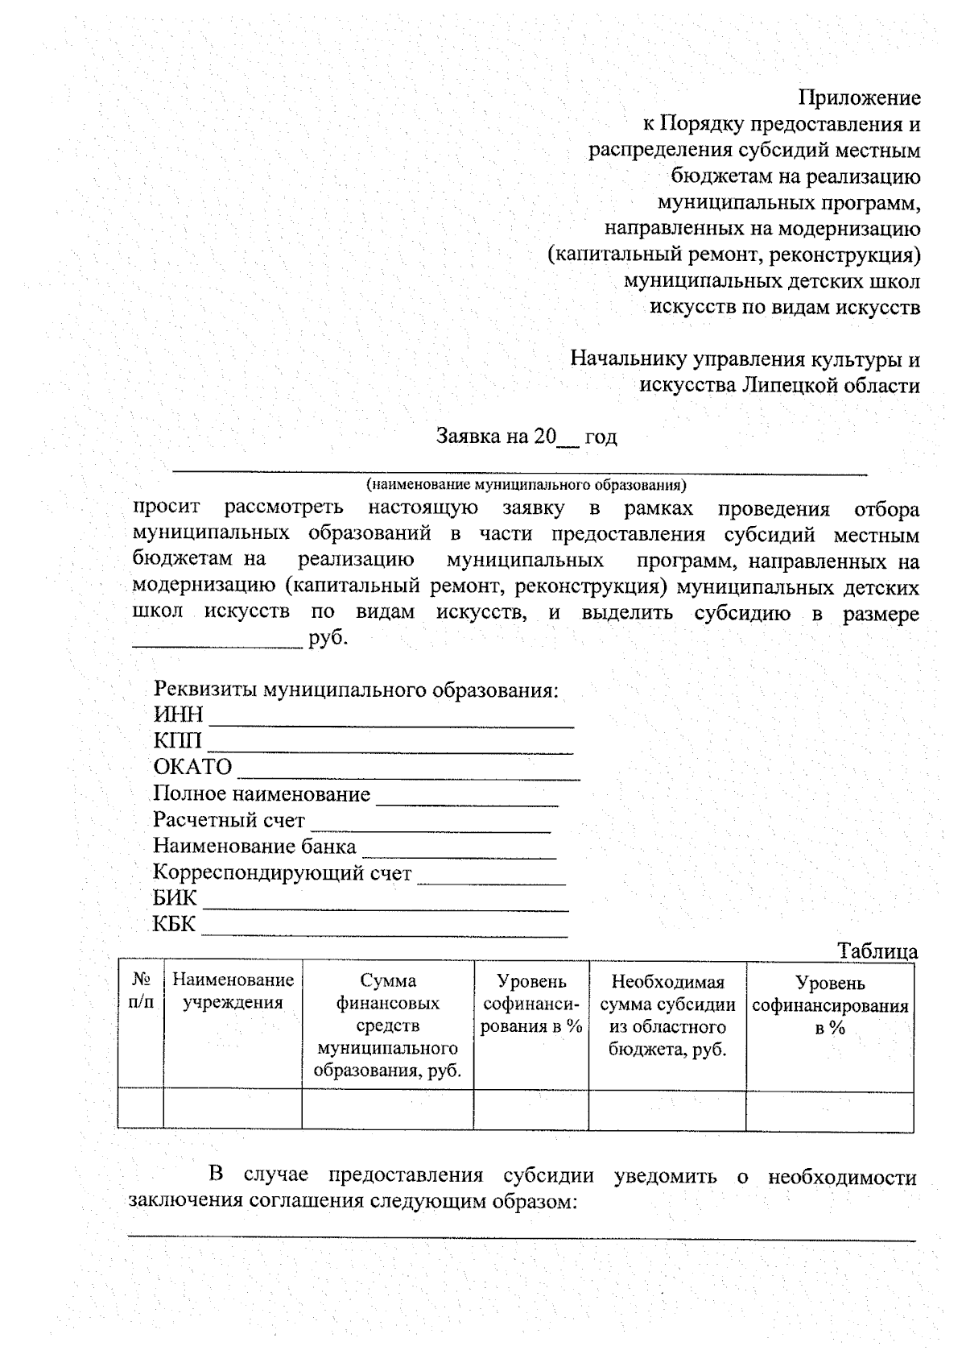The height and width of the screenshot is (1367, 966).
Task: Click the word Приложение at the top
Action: tap(859, 97)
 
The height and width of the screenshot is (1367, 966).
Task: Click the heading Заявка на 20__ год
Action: tap(526, 437)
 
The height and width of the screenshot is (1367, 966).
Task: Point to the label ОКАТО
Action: tap(192, 767)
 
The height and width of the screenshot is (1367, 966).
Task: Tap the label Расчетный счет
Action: tap(229, 821)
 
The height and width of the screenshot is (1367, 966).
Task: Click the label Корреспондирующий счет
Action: tap(283, 873)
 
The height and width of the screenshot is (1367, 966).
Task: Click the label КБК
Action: tap(174, 924)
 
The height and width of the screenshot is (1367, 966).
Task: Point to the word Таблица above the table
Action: tap(877, 951)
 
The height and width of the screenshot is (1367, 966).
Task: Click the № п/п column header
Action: tap(142, 992)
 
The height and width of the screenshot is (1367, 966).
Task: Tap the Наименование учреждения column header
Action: tap(233, 992)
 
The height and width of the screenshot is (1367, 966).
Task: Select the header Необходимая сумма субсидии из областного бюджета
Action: tap(667, 1016)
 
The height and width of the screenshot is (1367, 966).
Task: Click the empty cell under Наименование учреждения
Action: tap(233, 1108)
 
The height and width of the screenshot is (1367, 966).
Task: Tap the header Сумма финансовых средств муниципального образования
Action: tap(388, 1025)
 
